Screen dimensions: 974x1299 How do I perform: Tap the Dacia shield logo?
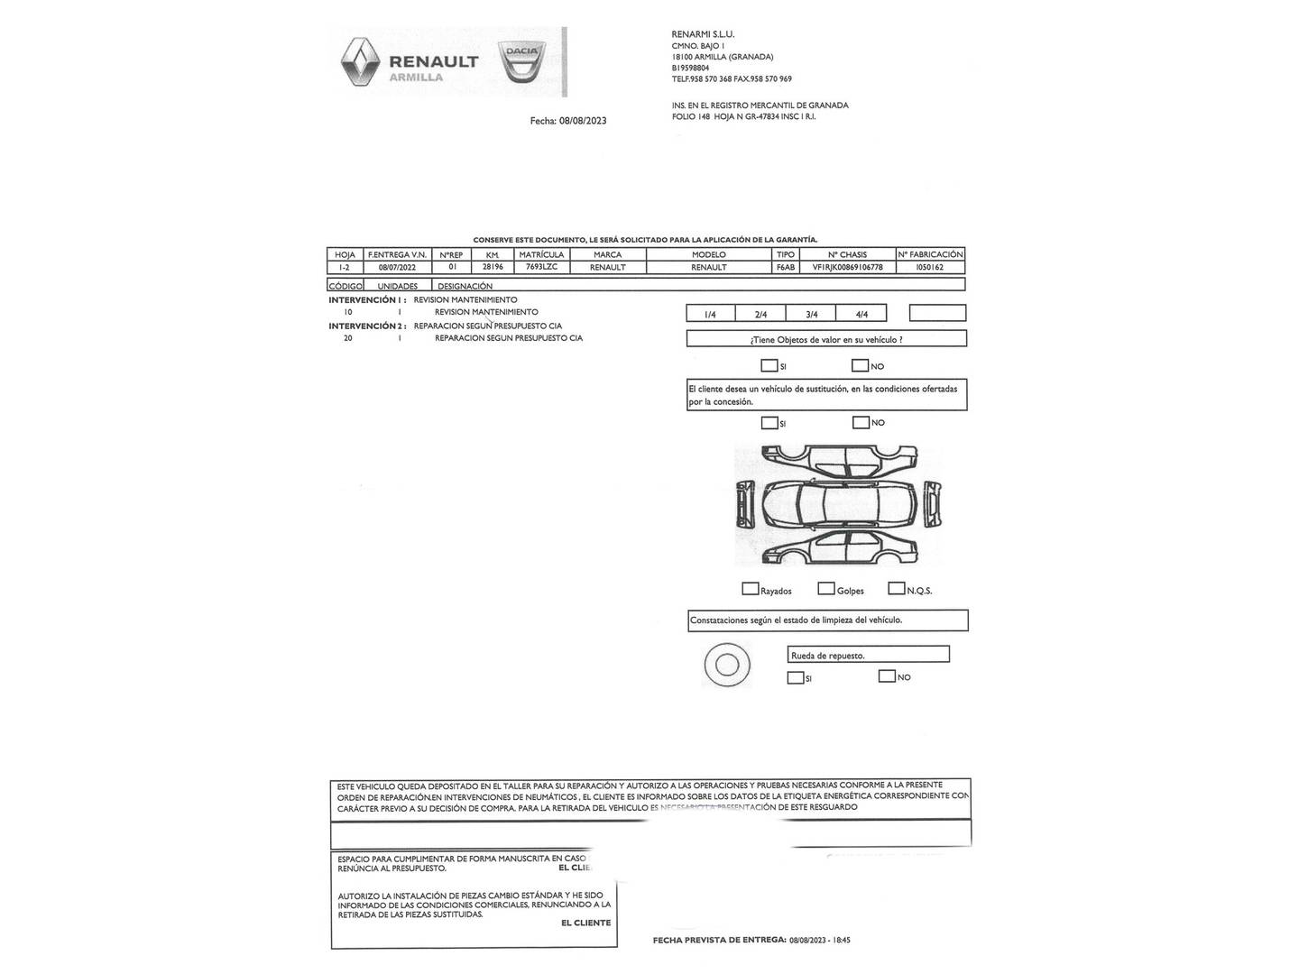click(x=521, y=62)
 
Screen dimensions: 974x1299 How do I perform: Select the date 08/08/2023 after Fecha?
click(x=583, y=121)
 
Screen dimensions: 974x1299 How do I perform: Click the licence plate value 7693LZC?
click(x=541, y=267)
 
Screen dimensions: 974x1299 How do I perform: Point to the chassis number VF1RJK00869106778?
click(x=847, y=267)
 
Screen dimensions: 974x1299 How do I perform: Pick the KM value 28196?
click(x=493, y=267)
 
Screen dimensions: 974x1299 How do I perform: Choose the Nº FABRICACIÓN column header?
click(x=930, y=254)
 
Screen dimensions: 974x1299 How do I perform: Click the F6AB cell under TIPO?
click(x=785, y=267)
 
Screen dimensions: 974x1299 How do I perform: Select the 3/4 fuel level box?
click(x=811, y=314)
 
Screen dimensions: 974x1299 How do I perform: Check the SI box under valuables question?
click(x=769, y=366)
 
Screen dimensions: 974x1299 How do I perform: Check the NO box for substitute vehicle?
click(x=861, y=422)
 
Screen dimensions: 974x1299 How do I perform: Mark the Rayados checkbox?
click(x=750, y=589)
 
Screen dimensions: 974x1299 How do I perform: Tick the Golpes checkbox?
click(x=825, y=589)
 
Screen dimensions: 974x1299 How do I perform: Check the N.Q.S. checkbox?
click(x=896, y=589)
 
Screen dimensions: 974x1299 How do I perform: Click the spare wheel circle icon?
click(x=726, y=666)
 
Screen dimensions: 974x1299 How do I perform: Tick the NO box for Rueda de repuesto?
click(x=887, y=676)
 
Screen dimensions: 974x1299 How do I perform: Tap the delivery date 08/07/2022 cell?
click(x=397, y=267)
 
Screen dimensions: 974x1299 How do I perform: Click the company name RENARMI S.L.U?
click(x=704, y=34)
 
